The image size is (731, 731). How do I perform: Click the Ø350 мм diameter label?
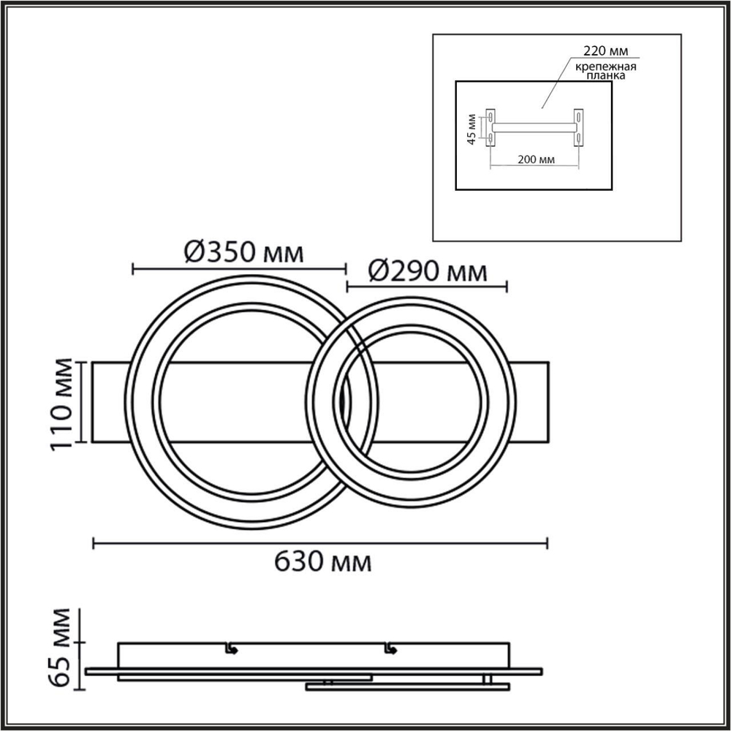[243, 253]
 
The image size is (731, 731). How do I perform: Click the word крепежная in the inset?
[604, 66]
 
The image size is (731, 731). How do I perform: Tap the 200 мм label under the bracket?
[535, 159]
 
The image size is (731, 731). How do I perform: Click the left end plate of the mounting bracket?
[491, 127]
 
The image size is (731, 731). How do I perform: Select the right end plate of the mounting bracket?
[579, 127]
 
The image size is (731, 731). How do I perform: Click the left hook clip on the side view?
[230, 648]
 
